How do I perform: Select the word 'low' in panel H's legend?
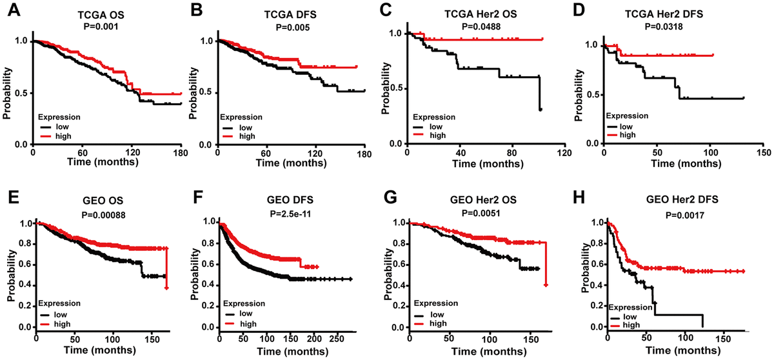click(x=643, y=318)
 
